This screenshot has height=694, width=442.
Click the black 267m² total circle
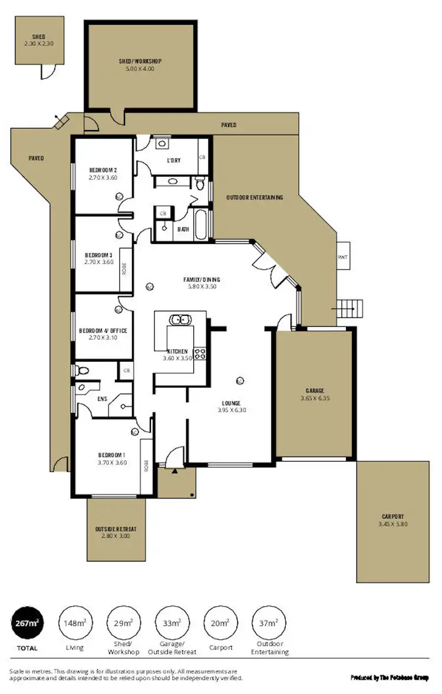pyautogui.click(x=27, y=623)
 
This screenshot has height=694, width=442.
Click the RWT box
pyautogui.click(x=343, y=257)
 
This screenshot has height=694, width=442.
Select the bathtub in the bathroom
pyautogui.click(x=200, y=224)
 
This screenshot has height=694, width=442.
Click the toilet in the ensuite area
pyautogui.click(x=81, y=370)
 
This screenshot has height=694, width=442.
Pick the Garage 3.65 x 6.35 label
pyautogui.click(x=315, y=395)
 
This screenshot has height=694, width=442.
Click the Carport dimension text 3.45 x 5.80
pyautogui.click(x=392, y=524)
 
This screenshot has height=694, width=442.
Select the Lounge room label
pyautogui.click(x=231, y=407)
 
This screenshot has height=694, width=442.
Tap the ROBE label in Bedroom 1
pyautogui.click(x=144, y=467)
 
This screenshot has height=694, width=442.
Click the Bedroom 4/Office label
pyautogui.click(x=103, y=334)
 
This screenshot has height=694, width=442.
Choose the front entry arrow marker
pyautogui.click(x=174, y=471)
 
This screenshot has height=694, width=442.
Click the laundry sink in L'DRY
pyautogui.click(x=163, y=143)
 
